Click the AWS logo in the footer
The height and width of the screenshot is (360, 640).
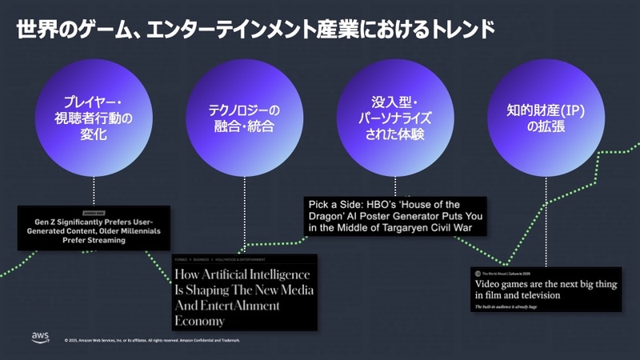tap(41, 337)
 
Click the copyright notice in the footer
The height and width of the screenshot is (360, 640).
tap(152, 340)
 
